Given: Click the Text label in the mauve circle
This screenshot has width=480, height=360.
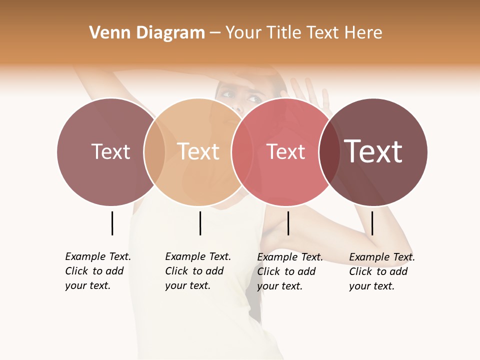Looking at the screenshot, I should (110, 151).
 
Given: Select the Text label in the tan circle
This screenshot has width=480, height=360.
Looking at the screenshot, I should (198, 151).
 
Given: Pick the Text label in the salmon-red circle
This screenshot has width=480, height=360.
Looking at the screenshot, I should (286, 151).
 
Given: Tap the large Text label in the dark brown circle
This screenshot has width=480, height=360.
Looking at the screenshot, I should (373, 151).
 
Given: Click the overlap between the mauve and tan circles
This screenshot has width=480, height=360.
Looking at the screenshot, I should (154, 152).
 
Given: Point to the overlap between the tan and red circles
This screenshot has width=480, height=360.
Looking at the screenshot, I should (242, 152).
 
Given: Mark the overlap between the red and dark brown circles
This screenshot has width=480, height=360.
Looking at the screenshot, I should (330, 152).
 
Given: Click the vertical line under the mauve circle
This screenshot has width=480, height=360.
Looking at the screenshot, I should (112, 223).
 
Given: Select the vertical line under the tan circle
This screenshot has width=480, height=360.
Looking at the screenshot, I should (200, 223).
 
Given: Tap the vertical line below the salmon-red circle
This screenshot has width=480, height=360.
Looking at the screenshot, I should (288, 223).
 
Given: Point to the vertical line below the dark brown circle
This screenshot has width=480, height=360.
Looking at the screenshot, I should (372, 223).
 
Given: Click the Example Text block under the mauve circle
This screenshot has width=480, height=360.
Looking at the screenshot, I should (97, 271).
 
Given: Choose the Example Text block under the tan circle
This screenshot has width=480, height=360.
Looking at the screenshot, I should (197, 271).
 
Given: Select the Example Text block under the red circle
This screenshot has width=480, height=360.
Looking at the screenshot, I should (289, 271).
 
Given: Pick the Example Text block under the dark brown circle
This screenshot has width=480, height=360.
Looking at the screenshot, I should (381, 271).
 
